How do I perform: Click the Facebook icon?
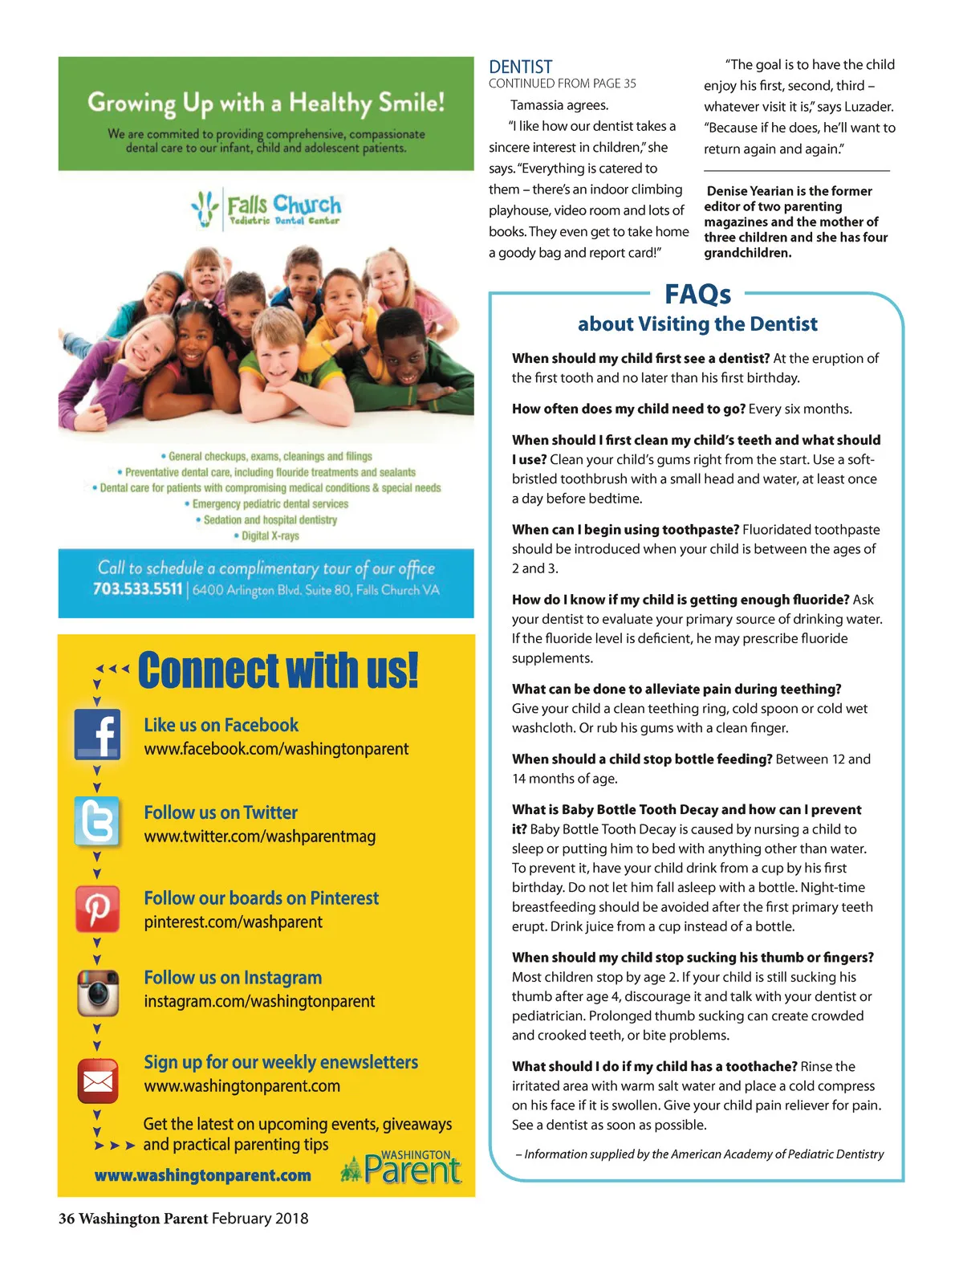point(97,734)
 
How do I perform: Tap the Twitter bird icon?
point(97,821)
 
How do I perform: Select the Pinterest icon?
point(97,909)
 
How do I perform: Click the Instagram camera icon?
point(98,992)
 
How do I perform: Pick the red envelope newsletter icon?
point(98,1081)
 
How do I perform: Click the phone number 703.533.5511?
point(137,589)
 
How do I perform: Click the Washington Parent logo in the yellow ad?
point(401,1168)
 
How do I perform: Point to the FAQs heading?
point(697,295)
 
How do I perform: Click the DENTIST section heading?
point(520,67)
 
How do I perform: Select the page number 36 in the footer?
point(67,1219)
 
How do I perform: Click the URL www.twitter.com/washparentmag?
point(259,836)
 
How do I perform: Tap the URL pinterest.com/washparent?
point(233,922)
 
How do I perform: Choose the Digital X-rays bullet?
point(270,535)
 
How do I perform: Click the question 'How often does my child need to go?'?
point(628,409)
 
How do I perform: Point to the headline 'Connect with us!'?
point(278,670)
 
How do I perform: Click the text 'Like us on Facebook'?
point(221,725)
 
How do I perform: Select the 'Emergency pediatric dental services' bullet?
point(270,504)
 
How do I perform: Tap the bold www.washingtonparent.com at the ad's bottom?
point(202,1175)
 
